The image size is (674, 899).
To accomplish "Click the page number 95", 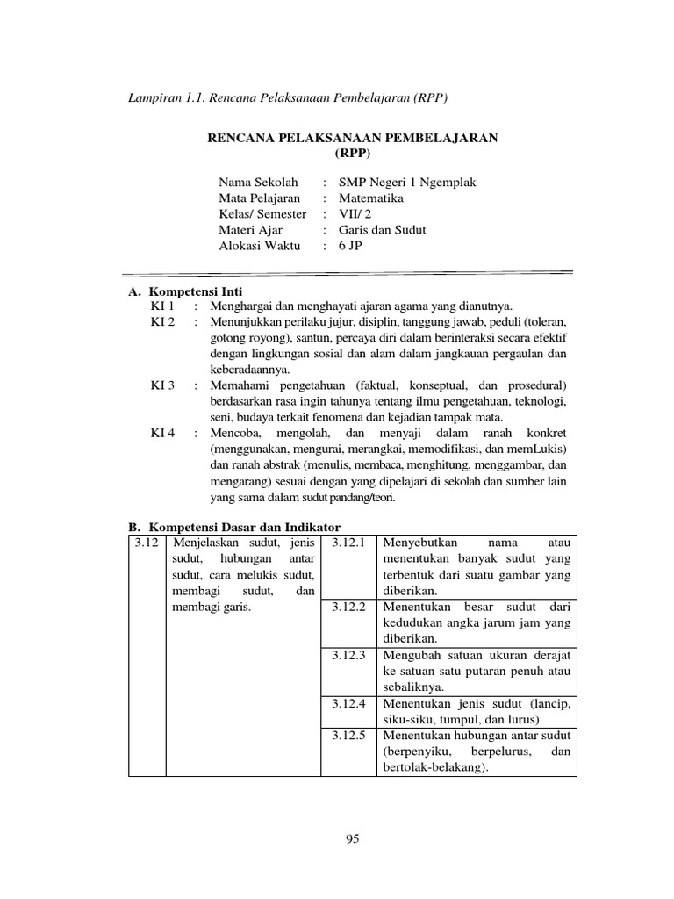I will point(353,839).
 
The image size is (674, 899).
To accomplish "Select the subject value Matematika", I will point(372,198).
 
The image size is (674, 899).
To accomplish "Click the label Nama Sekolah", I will point(258,183).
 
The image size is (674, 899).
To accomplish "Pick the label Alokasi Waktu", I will point(260,246).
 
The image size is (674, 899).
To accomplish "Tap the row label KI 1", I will point(162,306).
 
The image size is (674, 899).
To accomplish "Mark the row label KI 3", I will point(162,385).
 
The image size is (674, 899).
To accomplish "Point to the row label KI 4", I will point(162,433).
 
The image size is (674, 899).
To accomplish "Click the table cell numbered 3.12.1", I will point(348,543).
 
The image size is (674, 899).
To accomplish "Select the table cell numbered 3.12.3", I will point(348,655).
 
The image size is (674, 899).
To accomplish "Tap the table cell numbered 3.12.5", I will point(348,735).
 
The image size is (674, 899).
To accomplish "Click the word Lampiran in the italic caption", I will point(155,98).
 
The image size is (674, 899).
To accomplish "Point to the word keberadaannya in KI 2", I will point(249,370).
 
